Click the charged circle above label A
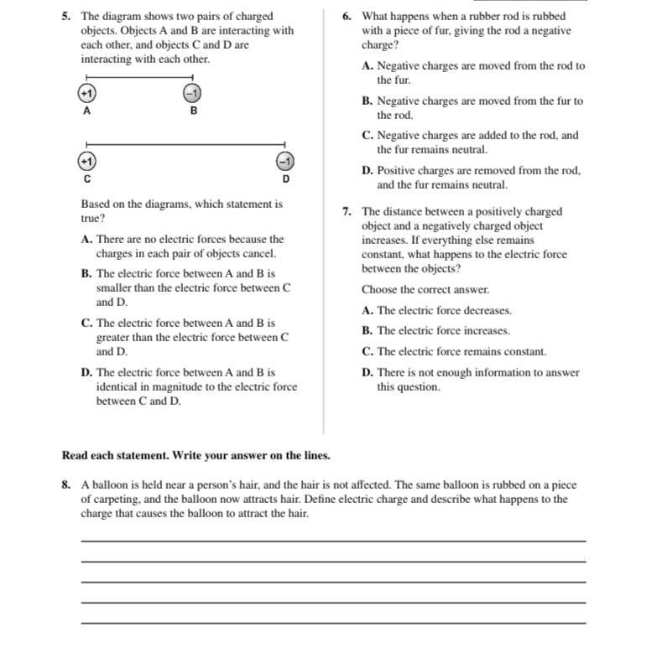tap(87, 92)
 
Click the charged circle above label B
tap(192, 92)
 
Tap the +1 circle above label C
tap(86, 160)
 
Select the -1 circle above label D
tap(285, 160)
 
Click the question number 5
tap(65, 16)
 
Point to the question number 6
tap(347, 16)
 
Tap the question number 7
tap(347, 211)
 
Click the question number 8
tap(65, 485)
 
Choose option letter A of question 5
tap(86, 239)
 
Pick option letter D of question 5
tap(86, 372)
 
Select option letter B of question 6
tap(367, 101)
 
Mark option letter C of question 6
tap(367, 135)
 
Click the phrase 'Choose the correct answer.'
tap(425, 289)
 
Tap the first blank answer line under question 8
tap(333, 542)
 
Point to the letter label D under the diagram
tap(285, 179)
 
